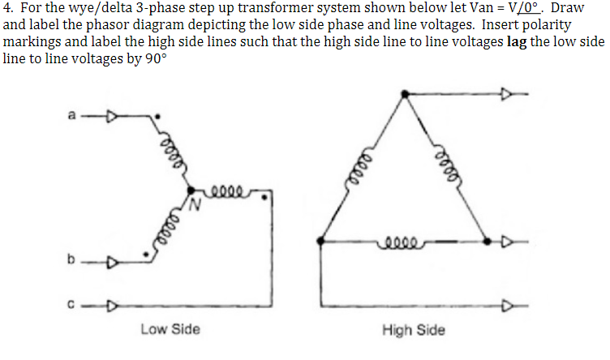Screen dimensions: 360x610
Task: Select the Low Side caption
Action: click(x=170, y=330)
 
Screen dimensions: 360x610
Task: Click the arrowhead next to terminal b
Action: click(x=114, y=261)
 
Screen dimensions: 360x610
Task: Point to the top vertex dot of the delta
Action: click(x=405, y=96)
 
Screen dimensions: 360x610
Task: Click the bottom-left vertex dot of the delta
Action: click(x=323, y=240)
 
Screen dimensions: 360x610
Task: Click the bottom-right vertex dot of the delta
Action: click(x=487, y=240)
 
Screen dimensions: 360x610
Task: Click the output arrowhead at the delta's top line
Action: click(x=512, y=96)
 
